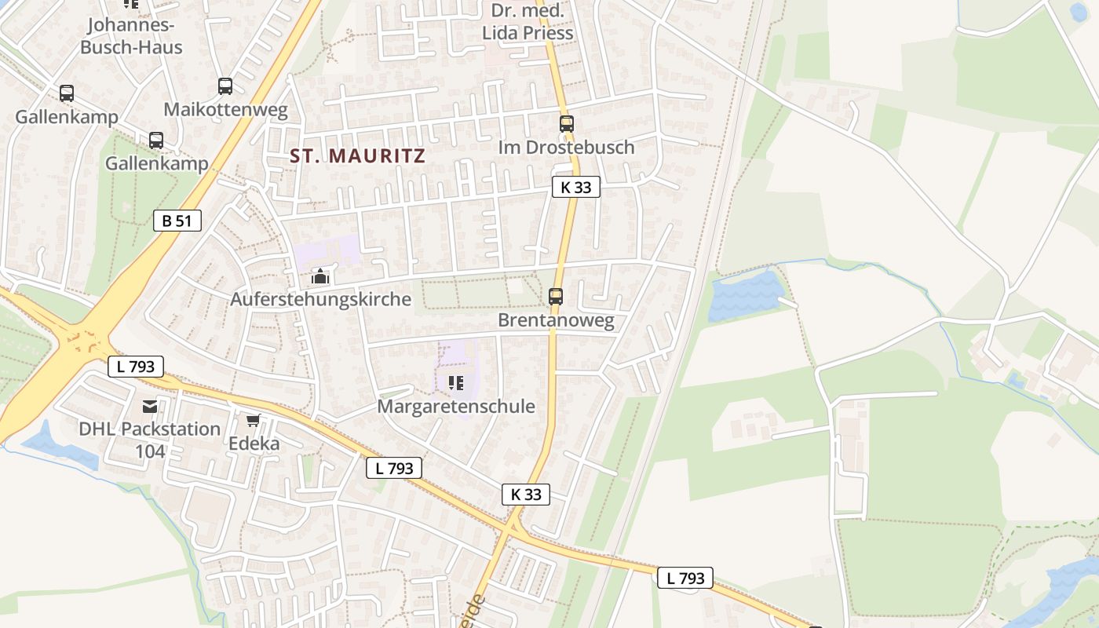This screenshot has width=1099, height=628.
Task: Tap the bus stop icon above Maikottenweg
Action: pyautogui.click(x=225, y=86)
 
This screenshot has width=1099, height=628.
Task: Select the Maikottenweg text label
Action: pyautogui.click(x=225, y=109)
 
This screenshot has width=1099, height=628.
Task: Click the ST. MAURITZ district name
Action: pyautogui.click(x=358, y=155)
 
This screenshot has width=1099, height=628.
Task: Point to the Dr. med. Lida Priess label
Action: pyautogui.click(x=527, y=22)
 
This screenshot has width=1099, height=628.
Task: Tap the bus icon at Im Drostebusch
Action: pyautogui.click(x=567, y=123)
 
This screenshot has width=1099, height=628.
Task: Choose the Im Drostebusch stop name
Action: pyautogui.click(x=566, y=147)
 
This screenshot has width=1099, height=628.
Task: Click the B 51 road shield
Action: pyautogui.click(x=177, y=221)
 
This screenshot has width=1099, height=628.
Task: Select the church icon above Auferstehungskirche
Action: pyautogui.click(x=319, y=276)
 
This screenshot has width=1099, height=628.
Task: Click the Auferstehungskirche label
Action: pyautogui.click(x=320, y=299)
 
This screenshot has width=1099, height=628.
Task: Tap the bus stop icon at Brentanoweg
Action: pyautogui.click(x=556, y=296)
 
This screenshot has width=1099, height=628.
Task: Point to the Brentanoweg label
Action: pyautogui.click(x=556, y=320)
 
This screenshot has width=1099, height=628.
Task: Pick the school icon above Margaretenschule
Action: pyautogui.click(x=455, y=383)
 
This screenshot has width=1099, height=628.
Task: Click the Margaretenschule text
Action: pyautogui.click(x=456, y=407)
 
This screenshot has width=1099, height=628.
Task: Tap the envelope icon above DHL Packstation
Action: pyautogui.click(x=150, y=406)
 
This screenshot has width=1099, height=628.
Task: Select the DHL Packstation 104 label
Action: pyautogui.click(x=149, y=440)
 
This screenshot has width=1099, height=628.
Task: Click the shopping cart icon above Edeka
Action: pyautogui.click(x=253, y=421)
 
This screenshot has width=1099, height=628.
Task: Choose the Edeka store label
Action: pyautogui.click(x=254, y=444)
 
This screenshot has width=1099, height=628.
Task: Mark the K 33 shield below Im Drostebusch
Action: pyautogui.click(x=575, y=188)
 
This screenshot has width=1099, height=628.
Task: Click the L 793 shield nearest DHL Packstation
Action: pyautogui.click(x=136, y=366)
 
